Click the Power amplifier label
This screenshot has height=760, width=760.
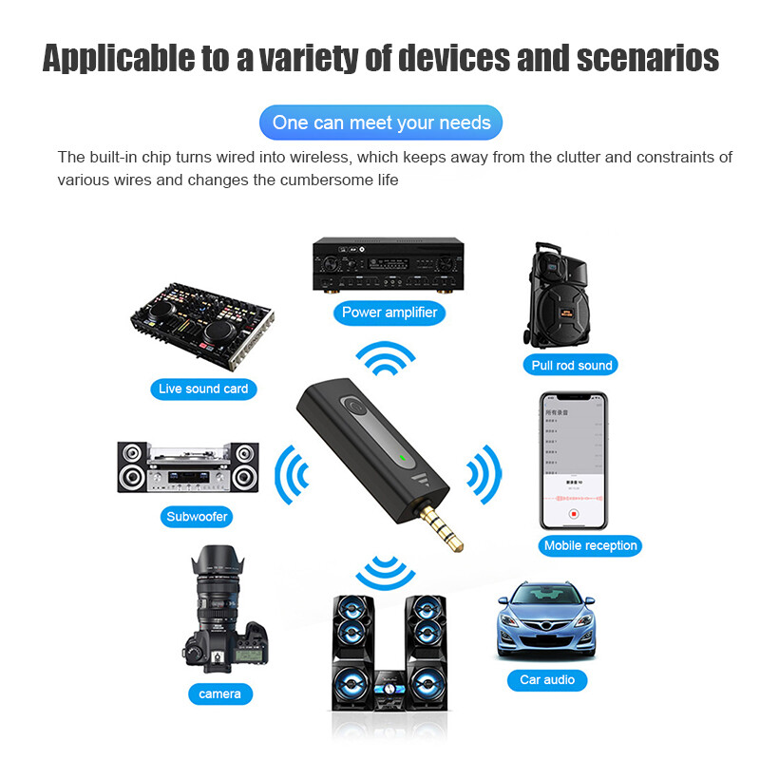[x=389, y=312]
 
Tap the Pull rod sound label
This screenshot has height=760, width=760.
[x=572, y=365]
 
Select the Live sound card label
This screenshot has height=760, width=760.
[x=203, y=389]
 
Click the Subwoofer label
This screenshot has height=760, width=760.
[x=197, y=518]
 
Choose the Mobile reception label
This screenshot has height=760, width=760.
[x=590, y=545]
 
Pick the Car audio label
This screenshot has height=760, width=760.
[x=547, y=679]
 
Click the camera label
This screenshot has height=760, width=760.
[x=219, y=693]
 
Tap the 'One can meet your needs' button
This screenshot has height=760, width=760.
[x=381, y=123]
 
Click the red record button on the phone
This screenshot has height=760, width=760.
[x=574, y=514]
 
